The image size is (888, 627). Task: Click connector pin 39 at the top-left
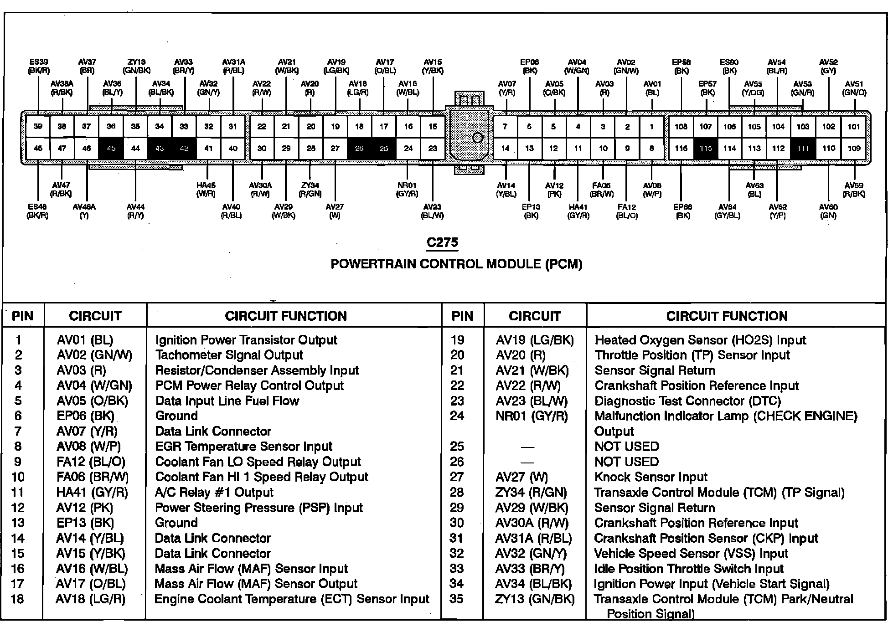tap(38, 126)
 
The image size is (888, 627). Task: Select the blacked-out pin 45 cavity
tap(111, 148)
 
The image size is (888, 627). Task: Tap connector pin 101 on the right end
tap(853, 126)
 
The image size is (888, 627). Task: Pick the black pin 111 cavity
tap(803, 148)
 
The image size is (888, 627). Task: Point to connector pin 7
tap(505, 126)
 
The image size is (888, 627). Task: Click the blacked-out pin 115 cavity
tap(706, 148)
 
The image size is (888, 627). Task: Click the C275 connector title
tap(442, 242)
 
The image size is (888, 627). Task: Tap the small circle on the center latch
tap(477, 137)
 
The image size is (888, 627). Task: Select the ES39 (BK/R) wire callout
tap(39, 66)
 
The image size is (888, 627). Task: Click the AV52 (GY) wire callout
tap(828, 66)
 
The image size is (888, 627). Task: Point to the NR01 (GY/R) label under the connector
tap(407, 190)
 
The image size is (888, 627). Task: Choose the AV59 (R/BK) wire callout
tap(853, 190)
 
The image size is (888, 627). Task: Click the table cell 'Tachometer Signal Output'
tap(229, 355)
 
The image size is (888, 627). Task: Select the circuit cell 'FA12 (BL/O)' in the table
tap(91, 462)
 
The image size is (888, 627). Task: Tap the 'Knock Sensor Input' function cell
tap(651, 477)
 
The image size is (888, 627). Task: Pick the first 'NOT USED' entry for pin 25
tap(627, 447)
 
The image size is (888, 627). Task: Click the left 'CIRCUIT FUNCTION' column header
tap(286, 316)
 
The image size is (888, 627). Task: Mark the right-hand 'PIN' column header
tap(462, 316)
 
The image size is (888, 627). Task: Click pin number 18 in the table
tap(17, 599)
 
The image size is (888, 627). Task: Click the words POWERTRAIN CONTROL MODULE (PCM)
tap(456, 264)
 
